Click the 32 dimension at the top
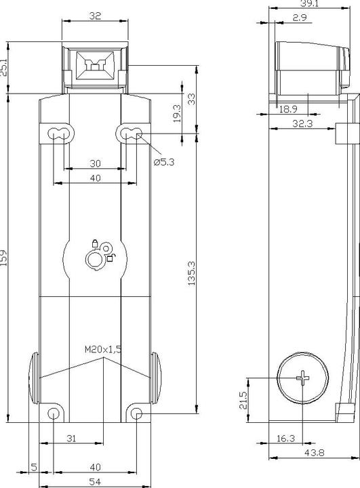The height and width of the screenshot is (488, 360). (x=95, y=16)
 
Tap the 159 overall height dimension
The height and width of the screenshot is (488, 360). (x=3, y=258)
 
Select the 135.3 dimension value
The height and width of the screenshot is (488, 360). (x=191, y=273)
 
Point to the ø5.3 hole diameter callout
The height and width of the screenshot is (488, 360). (x=164, y=162)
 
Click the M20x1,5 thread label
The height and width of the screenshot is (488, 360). (x=103, y=349)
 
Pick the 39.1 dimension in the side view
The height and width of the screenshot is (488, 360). (x=310, y=3)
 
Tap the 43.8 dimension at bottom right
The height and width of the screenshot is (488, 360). (x=314, y=453)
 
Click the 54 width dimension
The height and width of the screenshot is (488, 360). (x=95, y=482)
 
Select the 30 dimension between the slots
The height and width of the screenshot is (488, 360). (x=95, y=163)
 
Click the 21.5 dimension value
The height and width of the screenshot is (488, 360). (x=243, y=400)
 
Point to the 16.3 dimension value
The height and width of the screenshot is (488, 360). (x=285, y=439)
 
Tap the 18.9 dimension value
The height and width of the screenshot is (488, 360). (x=288, y=109)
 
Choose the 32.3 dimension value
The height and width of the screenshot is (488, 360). (x=302, y=123)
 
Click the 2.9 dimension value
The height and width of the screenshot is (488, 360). (x=300, y=18)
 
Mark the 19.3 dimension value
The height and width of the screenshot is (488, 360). (x=176, y=113)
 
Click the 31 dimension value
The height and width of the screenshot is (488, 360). (x=71, y=439)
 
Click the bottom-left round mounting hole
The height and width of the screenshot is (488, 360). (x=54, y=413)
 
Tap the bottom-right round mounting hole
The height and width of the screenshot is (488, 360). (x=136, y=413)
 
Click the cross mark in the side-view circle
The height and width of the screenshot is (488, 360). (x=302, y=378)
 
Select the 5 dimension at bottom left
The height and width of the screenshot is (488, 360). (x=34, y=467)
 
